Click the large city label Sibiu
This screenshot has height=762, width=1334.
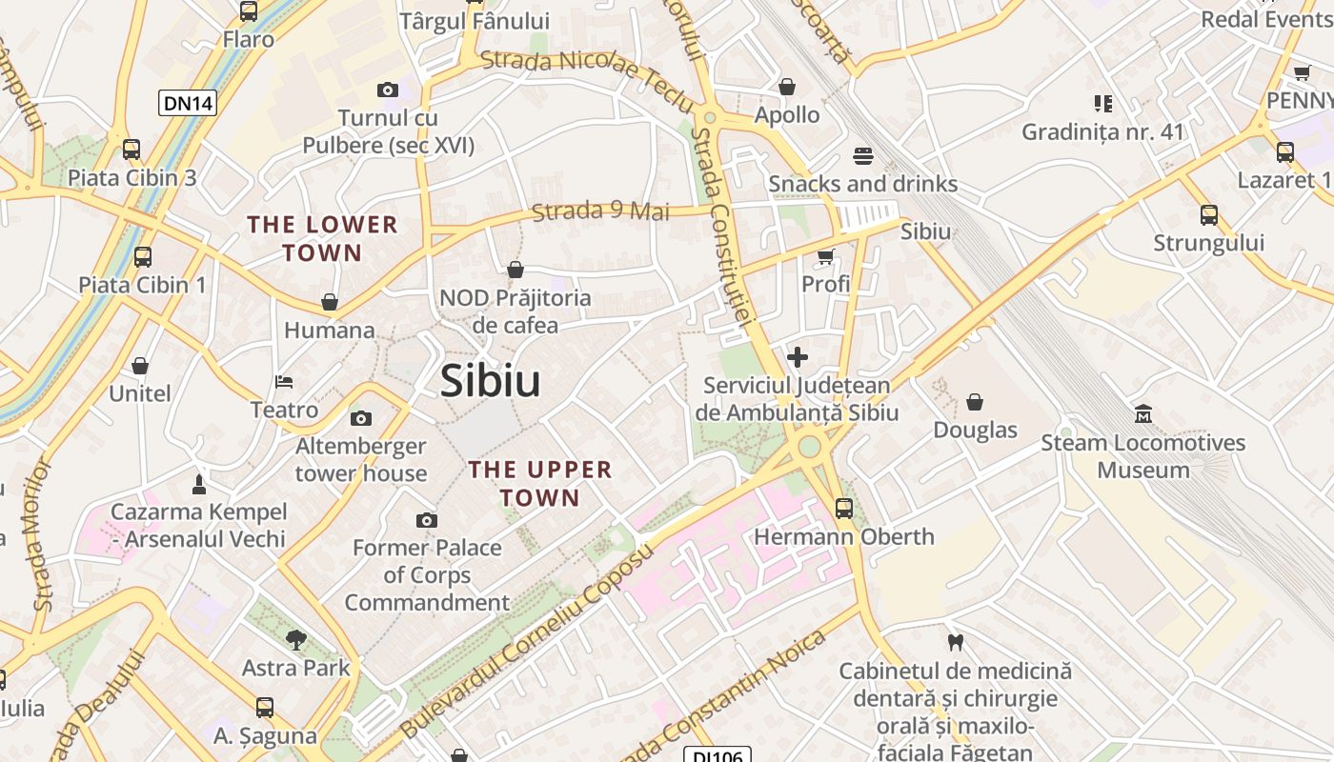[x=490, y=381]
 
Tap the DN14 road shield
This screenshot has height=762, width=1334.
[x=188, y=103]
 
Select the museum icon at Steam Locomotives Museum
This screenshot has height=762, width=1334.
[x=1142, y=414]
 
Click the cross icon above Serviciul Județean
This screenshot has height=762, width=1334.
[x=798, y=357]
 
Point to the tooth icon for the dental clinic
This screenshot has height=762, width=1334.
[x=955, y=642]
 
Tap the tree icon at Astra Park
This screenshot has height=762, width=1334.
[x=296, y=639]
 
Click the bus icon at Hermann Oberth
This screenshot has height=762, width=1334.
[x=843, y=509]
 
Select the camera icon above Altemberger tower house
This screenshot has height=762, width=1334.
[x=361, y=418]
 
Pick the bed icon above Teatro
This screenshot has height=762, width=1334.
[x=284, y=382]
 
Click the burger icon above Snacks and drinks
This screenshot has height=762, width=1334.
[x=862, y=155]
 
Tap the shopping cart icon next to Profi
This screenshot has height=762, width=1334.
[x=825, y=256]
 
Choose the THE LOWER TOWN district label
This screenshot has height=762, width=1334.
[x=323, y=239]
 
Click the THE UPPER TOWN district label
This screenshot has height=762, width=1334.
[x=540, y=484]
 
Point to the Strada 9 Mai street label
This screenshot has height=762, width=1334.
[x=600, y=211]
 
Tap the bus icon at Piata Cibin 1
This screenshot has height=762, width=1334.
[x=142, y=256]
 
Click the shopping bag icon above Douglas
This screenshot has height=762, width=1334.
[x=975, y=402]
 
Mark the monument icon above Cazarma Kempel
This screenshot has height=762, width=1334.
[x=198, y=484]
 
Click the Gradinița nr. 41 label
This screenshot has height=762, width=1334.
[x=1102, y=131]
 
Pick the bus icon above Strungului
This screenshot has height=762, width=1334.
[x=1208, y=214]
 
